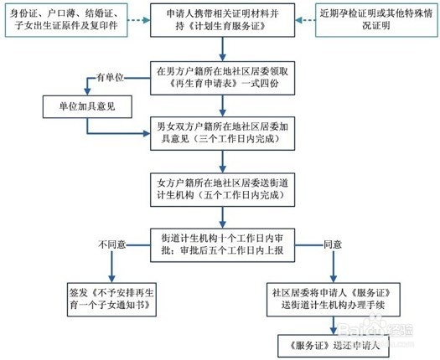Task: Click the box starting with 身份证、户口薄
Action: (66, 20)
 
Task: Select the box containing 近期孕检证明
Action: (376, 20)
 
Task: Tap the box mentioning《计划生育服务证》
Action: (223, 20)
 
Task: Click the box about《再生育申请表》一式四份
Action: (223, 78)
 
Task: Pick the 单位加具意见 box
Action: (87, 106)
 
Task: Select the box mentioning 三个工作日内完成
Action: (223, 133)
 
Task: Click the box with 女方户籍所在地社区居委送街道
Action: (223, 189)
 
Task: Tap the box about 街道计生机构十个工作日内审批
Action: (223, 245)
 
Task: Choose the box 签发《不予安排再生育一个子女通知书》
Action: (111, 300)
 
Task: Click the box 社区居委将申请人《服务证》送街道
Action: (334, 300)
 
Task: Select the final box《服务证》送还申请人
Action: (334, 347)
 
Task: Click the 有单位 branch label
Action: (110, 77)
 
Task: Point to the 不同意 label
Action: (112, 244)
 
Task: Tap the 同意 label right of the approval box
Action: (333, 244)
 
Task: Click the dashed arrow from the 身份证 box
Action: (139, 20)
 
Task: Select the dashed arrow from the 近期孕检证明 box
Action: (305, 20)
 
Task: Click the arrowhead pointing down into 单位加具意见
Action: (87, 92)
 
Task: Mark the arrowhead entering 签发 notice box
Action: (111, 279)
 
